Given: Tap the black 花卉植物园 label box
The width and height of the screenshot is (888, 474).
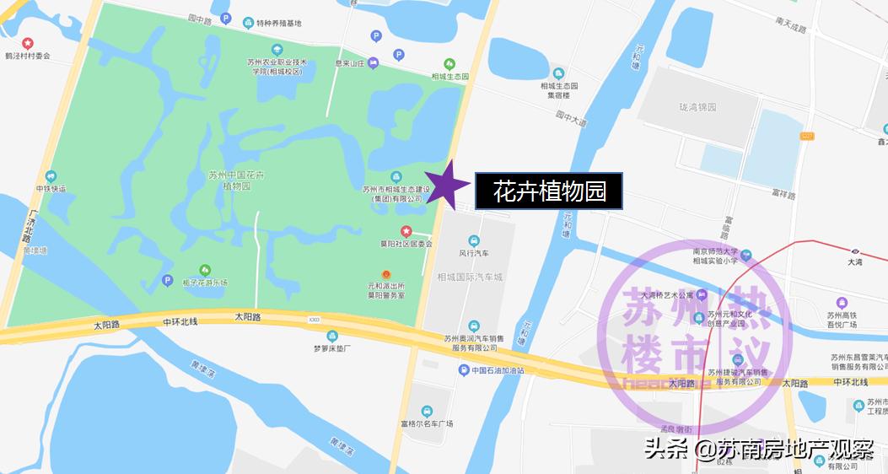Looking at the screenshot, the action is (549, 191).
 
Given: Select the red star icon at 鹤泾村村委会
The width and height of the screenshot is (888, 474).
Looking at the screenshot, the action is (28, 43).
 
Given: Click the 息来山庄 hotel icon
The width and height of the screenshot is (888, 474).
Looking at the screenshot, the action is (373, 62).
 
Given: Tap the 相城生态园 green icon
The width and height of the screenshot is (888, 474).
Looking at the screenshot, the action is (449, 63).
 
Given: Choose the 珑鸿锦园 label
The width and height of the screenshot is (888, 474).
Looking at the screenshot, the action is (697, 107).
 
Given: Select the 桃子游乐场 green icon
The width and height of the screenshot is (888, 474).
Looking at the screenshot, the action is (203, 269).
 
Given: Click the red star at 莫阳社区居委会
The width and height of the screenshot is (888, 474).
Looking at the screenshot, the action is (406, 231).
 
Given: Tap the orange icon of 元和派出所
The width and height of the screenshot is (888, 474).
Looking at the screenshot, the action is (386, 274).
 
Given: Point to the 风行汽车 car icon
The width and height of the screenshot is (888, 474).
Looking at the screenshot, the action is (473, 240).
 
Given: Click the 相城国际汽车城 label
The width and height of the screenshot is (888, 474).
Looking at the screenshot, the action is (470, 277).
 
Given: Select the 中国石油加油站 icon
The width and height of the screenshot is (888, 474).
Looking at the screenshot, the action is (463, 370).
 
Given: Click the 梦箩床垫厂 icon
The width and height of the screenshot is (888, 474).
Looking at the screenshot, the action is (332, 336).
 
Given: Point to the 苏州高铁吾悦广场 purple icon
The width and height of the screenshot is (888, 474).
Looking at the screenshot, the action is (841, 303).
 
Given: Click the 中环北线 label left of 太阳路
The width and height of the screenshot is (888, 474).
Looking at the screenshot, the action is (180, 321).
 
